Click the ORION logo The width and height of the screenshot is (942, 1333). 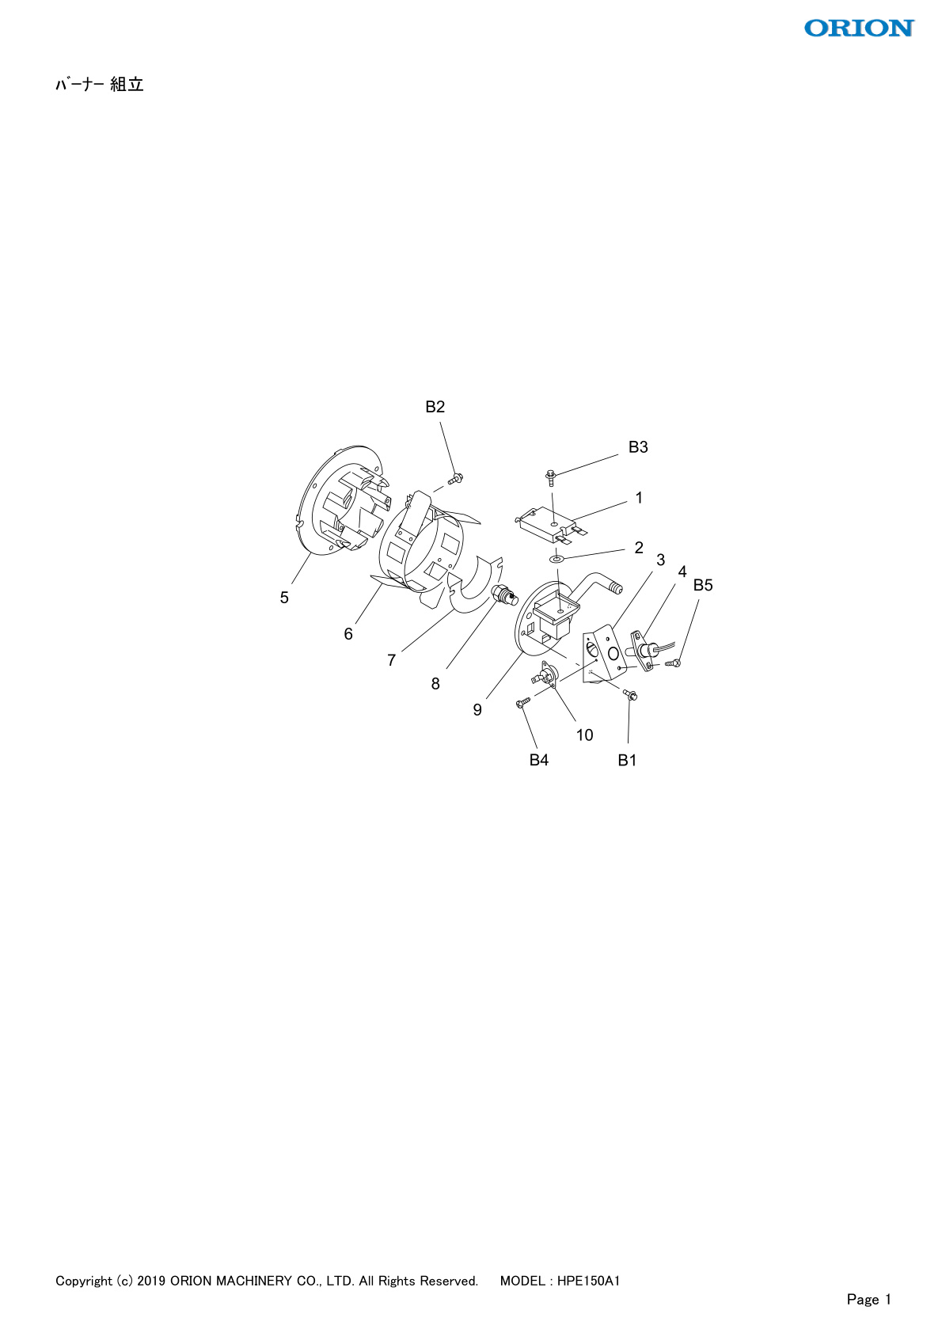[x=859, y=28]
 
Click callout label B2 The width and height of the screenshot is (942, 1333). [x=435, y=407]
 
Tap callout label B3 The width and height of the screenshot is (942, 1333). [x=638, y=447]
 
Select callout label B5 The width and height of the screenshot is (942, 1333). [x=703, y=586]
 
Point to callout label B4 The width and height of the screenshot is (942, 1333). [x=538, y=760]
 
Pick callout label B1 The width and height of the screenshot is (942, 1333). [x=627, y=760]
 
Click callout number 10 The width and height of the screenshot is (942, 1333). [x=584, y=735]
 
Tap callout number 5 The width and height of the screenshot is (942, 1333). [x=284, y=598]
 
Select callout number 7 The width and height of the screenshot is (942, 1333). [x=392, y=660]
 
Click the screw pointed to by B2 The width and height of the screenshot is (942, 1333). [x=455, y=478]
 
